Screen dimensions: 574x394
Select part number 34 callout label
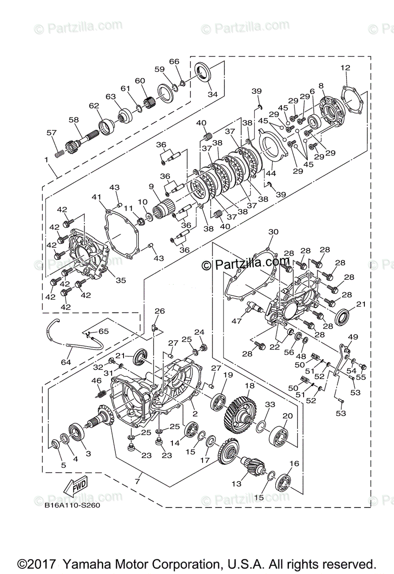point(213,95)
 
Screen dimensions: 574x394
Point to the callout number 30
point(273,232)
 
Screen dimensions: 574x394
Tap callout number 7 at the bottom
point(137,480)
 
